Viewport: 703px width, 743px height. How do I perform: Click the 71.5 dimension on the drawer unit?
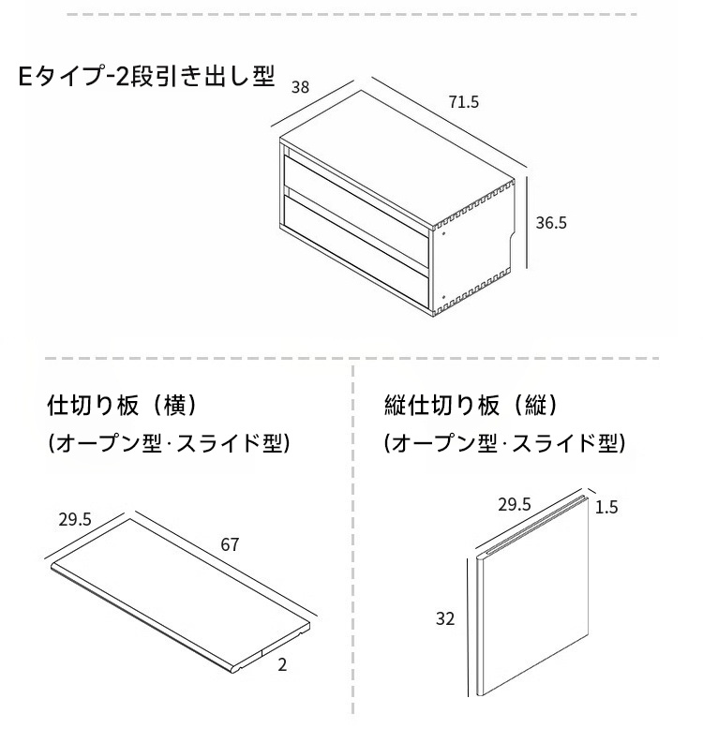(464, 102)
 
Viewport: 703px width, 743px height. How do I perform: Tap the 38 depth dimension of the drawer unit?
(300, 87)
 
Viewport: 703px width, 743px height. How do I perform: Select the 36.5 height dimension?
(551, 223)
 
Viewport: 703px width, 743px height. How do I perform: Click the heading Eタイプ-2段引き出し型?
(146, 76)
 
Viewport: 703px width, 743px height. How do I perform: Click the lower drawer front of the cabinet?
(356, 250)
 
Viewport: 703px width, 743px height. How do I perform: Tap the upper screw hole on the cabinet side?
(443, 233)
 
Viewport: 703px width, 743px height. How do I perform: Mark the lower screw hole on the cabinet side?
(443, 297)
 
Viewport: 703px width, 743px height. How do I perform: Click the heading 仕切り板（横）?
(121, 405)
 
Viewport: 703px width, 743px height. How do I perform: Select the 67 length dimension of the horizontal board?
(230, 544)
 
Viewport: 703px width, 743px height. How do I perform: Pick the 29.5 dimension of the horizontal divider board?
(75, 519)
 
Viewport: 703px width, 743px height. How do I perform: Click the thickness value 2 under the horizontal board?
(282, 665)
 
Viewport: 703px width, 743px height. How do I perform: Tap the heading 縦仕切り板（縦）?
(471, 405)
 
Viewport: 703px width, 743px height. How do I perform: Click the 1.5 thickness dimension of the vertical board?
(606, 507)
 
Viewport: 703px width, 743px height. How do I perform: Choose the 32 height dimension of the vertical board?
(445, 618)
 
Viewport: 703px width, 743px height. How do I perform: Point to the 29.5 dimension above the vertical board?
(515, 504)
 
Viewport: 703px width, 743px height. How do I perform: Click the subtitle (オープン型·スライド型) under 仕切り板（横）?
(169, 443)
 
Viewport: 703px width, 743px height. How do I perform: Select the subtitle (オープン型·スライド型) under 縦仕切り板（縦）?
(504, 443)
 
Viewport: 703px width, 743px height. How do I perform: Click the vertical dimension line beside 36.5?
(528, 223)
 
